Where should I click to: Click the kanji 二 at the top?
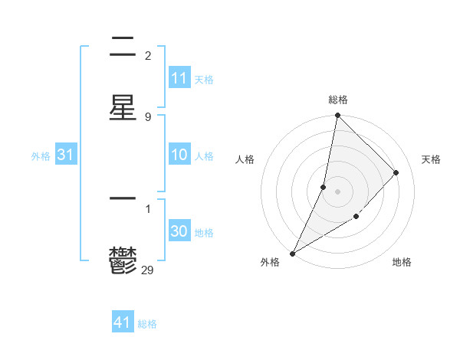123,47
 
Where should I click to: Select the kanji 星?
123,108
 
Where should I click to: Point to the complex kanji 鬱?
123,261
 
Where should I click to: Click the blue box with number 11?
179,78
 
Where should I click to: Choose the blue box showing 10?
179,155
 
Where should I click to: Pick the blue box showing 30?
179,231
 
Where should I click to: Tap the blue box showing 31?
65,155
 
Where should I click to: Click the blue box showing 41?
123,322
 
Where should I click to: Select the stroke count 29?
149,269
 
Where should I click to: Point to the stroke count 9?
147,116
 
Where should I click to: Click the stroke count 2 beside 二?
147,55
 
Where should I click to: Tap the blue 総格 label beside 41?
147,324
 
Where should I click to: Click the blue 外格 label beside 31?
41,156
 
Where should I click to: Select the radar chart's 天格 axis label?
431,159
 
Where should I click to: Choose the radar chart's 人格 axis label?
245,159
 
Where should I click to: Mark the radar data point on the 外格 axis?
292,253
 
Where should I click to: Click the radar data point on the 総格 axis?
337,115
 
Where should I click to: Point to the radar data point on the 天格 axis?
396,172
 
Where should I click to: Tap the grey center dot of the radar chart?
337,191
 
